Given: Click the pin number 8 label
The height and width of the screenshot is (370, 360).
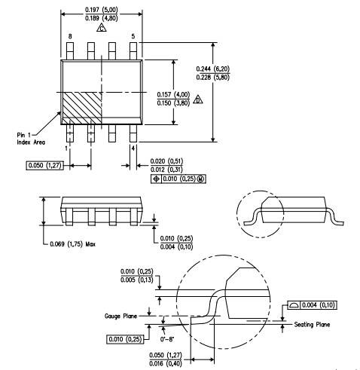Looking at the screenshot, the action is point(70,36).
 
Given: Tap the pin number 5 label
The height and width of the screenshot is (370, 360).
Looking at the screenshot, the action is point(133,36).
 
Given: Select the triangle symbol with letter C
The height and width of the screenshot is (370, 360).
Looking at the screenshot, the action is point(102,28).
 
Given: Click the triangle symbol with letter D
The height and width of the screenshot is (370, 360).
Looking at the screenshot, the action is point(198,99).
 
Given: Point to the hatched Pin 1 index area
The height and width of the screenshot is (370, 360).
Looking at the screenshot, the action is point(82,108).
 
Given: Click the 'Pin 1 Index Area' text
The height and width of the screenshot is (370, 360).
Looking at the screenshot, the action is point(31,139).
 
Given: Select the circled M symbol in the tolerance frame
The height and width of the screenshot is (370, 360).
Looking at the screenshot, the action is point(201,179).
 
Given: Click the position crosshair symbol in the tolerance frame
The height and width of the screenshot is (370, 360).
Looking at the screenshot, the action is point(156,179).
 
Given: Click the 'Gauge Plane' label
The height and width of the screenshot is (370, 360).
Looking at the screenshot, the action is point(121,316).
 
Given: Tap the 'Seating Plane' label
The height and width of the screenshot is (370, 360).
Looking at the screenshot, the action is point(312,325).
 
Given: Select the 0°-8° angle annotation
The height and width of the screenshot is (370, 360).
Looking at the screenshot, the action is point(167,339).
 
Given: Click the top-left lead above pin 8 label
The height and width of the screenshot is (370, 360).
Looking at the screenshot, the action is point(70,51).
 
